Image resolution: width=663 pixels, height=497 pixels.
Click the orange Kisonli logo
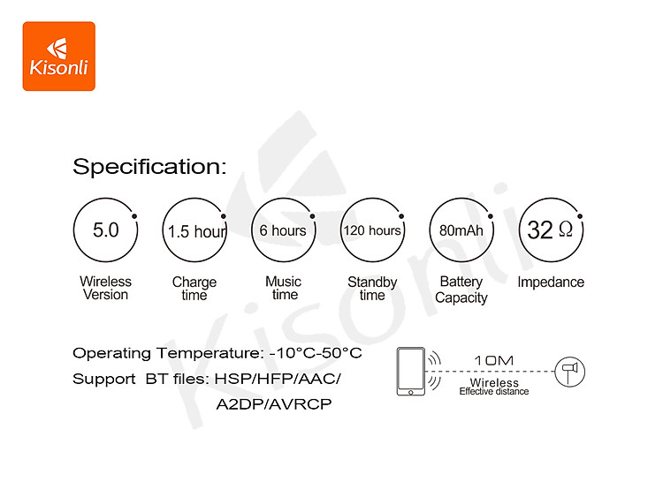[x=58, y=56]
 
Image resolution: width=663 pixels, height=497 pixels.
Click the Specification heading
[x=149, y=166]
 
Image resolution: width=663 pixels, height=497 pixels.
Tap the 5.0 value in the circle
[x=106, y=230]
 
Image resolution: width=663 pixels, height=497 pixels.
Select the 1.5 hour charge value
[x=197, y=231]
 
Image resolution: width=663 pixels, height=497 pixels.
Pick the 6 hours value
[x=283, y=230]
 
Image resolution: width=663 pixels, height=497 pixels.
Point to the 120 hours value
[x=372, y=230]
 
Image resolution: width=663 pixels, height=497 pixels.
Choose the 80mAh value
[x=461, y=230]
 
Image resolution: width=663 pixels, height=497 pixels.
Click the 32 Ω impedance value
[x=550, y=230]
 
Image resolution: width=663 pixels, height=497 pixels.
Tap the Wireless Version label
[x=106, y=288]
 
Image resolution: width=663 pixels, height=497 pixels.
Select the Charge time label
[x=194, y=289]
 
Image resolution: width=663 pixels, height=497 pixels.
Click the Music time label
[x=283, y=288]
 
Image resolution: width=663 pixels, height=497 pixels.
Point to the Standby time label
[x=372, y=289]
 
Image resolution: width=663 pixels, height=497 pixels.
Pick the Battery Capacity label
[x=461, y=290]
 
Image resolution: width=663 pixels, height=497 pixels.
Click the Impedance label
[x=551, y=282]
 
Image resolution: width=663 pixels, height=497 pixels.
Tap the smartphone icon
[x=410, y=372]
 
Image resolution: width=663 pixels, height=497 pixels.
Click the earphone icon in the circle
[x=569, y=372]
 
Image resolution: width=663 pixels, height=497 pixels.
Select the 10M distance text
[x=494, y=360]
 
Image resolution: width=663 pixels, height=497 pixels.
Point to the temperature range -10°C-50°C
[x=316, y=353]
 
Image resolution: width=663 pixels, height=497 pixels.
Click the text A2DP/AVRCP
[x=274, y=404]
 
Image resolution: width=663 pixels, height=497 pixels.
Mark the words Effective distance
[x=494, y=391]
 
